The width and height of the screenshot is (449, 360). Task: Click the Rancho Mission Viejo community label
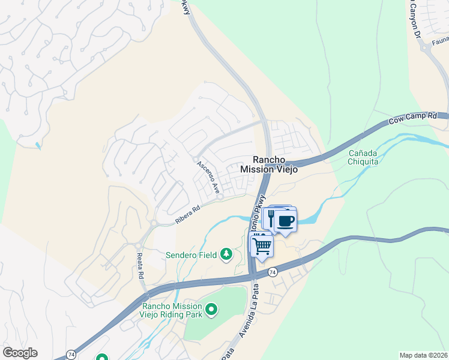click(269, 164)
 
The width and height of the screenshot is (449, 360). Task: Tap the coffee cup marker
click(286, 221)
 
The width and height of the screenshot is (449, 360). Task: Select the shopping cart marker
click(261, 246)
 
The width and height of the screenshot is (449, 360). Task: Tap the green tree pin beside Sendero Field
click(226, 254)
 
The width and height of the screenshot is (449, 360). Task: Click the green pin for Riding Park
click(211, 310)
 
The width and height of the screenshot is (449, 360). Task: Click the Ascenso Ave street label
click(206, 175)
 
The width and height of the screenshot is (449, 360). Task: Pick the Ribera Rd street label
click(187, 216)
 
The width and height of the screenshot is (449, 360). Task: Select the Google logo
click(20, 353)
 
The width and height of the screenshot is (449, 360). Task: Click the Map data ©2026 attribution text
click(423, 355)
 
